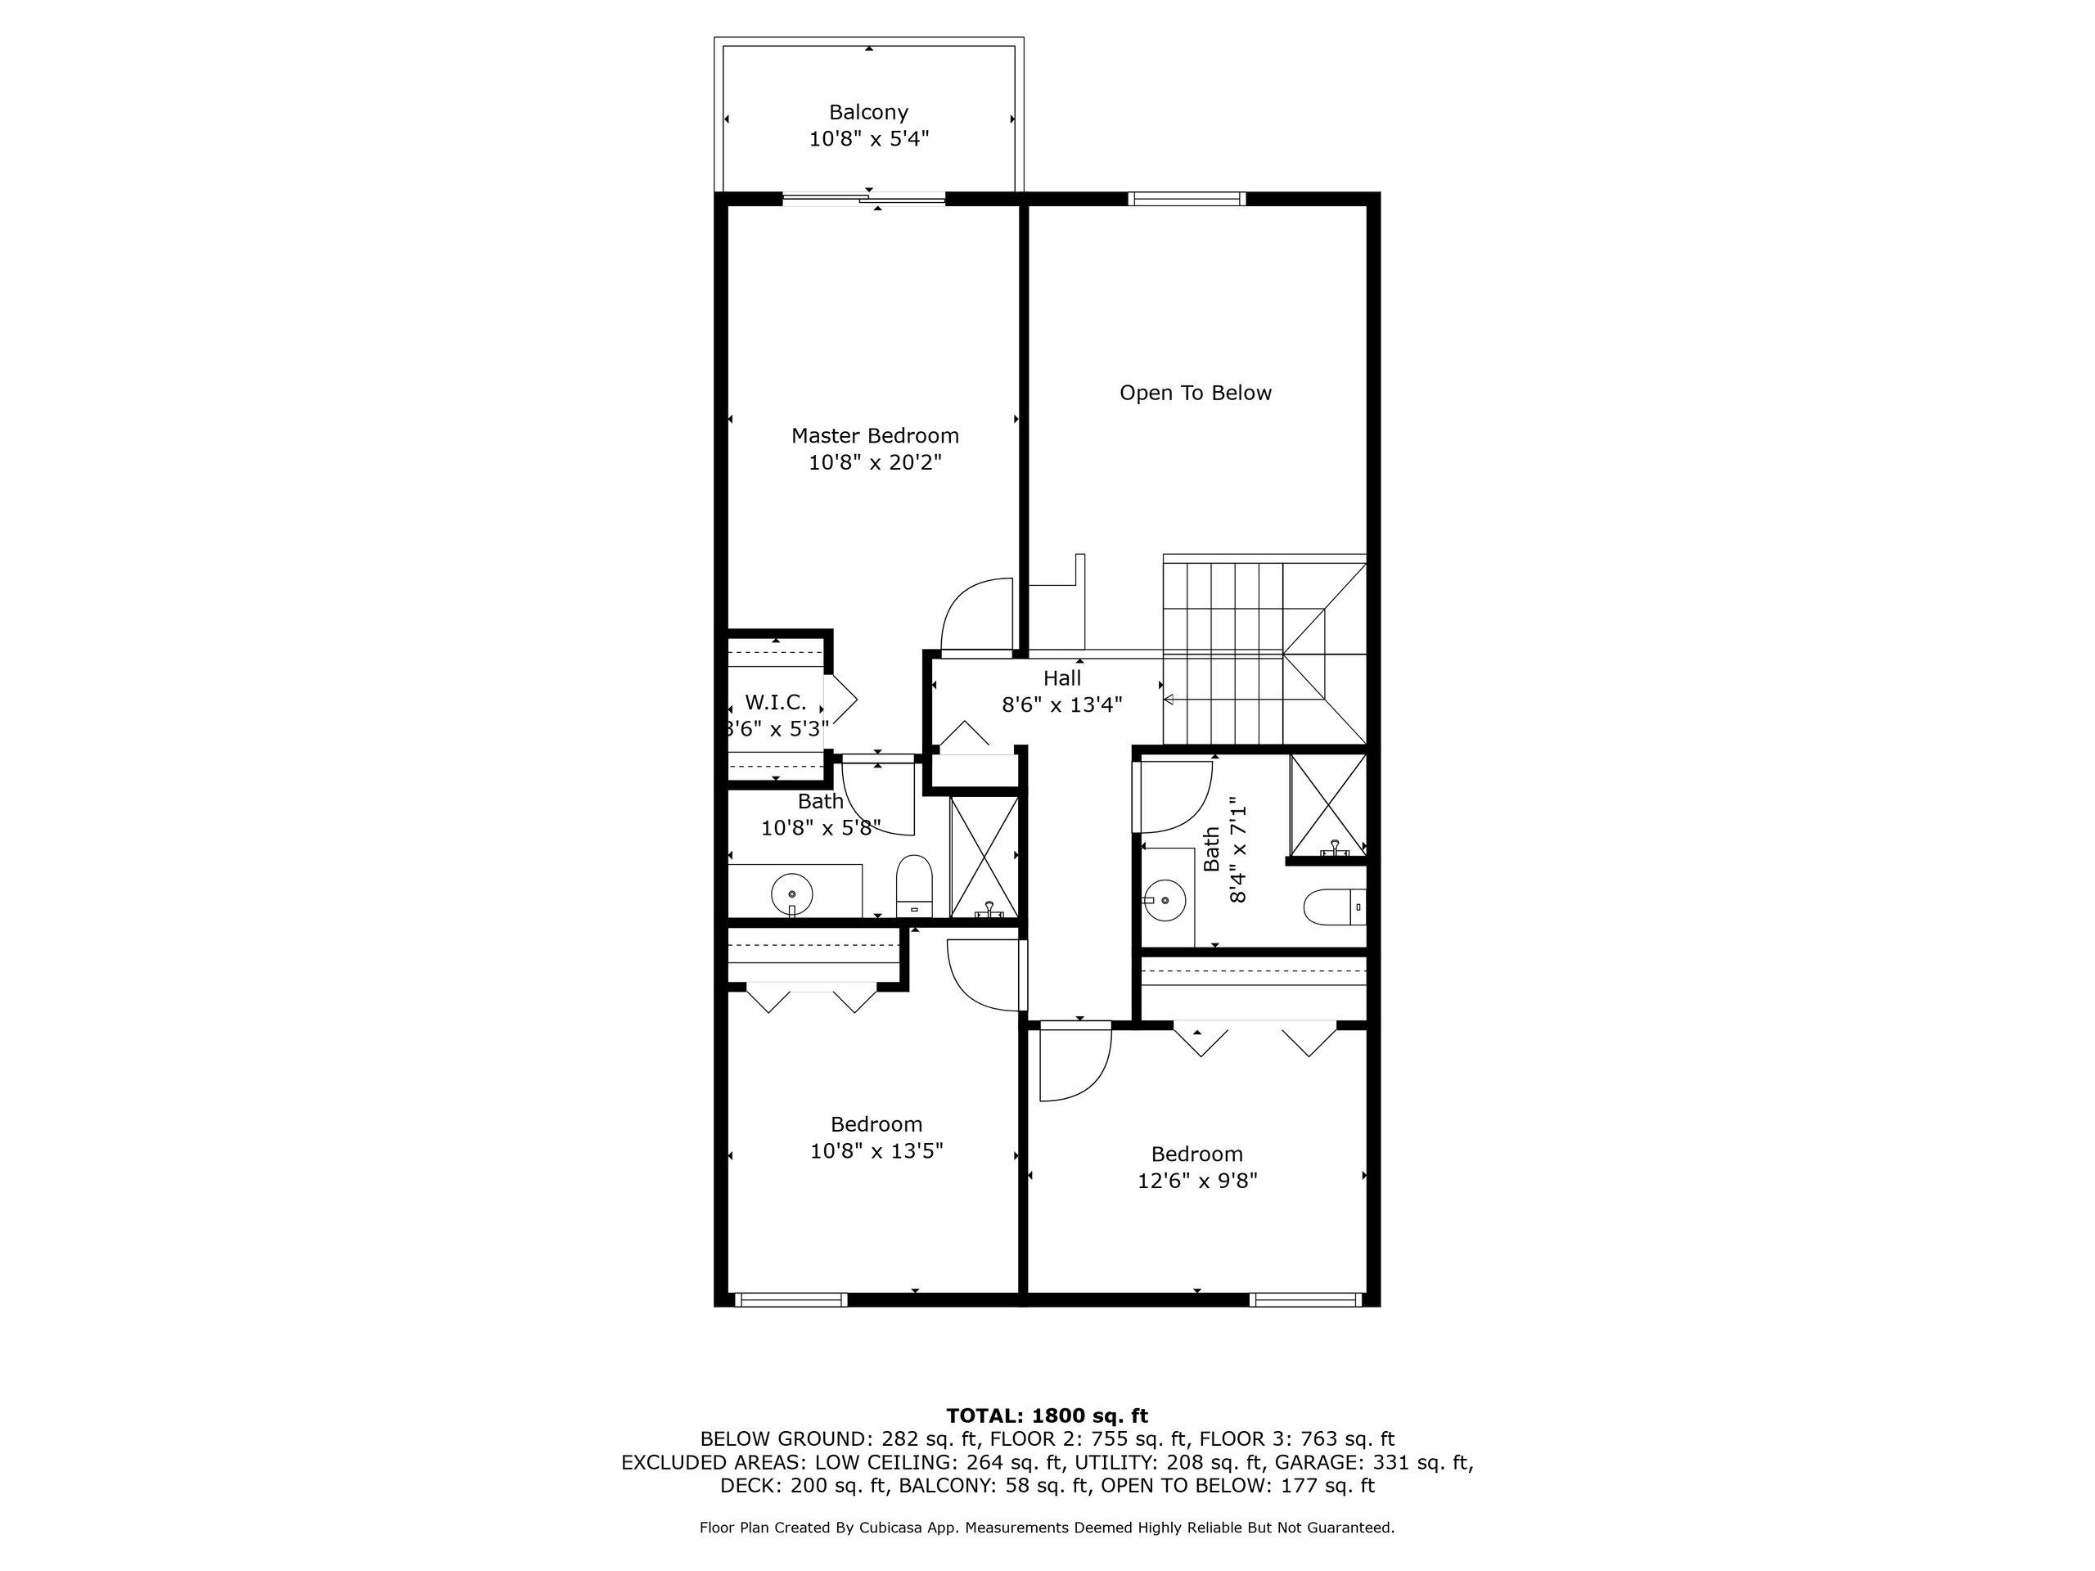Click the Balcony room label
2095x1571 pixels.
point(868,112)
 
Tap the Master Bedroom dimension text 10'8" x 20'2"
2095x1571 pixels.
point(875,463)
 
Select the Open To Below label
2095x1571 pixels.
point(1196,393)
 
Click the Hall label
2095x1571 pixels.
point(1061,678)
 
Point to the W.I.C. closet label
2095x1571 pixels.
point(776,703)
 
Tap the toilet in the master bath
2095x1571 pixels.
point(914,885)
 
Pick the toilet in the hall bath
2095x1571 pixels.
point(1335,907)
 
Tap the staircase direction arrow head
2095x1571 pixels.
point(1169,700)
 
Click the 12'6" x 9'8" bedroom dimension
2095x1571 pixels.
point(1197,1181)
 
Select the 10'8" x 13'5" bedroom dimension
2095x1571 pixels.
point(876,1151)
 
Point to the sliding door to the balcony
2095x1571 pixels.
point(863,199)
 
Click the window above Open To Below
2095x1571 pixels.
point(1187,199)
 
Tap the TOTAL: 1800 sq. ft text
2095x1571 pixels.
point(1047,1416)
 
